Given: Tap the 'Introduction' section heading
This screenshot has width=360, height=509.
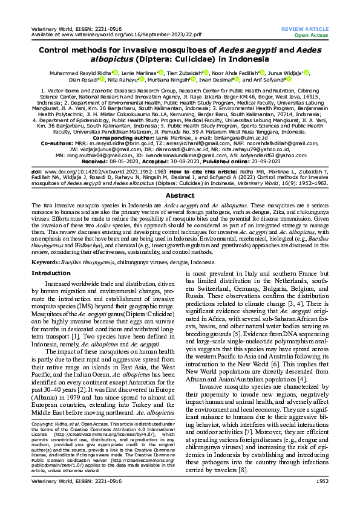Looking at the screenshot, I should [50, 273].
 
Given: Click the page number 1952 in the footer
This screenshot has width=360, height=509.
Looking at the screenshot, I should [321, 498].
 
